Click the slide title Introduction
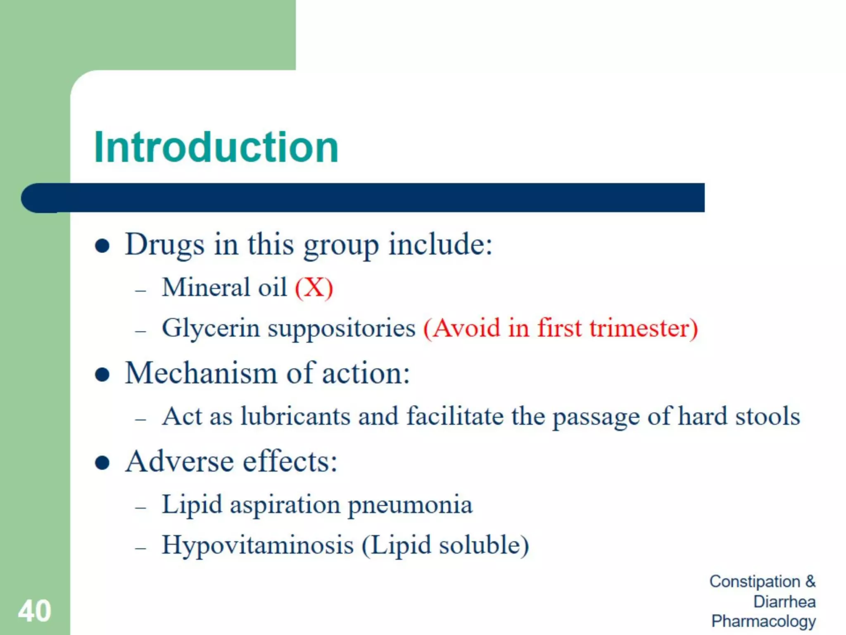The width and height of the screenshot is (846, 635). click(216, 147)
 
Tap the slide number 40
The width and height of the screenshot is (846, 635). click(35, 611)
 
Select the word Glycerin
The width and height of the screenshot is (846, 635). click(211, 329)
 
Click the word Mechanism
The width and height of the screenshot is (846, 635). click(201, 373)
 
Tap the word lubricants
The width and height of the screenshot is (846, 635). click(295, 416)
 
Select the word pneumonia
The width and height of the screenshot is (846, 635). click(410, 505)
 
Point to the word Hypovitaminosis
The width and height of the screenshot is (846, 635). click(258, 545)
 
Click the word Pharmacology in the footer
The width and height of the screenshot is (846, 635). click(763, 621)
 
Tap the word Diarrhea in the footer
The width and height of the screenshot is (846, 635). click(784, 602)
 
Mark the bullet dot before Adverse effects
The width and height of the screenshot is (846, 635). click(102, 463)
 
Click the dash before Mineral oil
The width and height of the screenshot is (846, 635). click(140, 291)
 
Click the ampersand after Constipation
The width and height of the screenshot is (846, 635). click(810, 581)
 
